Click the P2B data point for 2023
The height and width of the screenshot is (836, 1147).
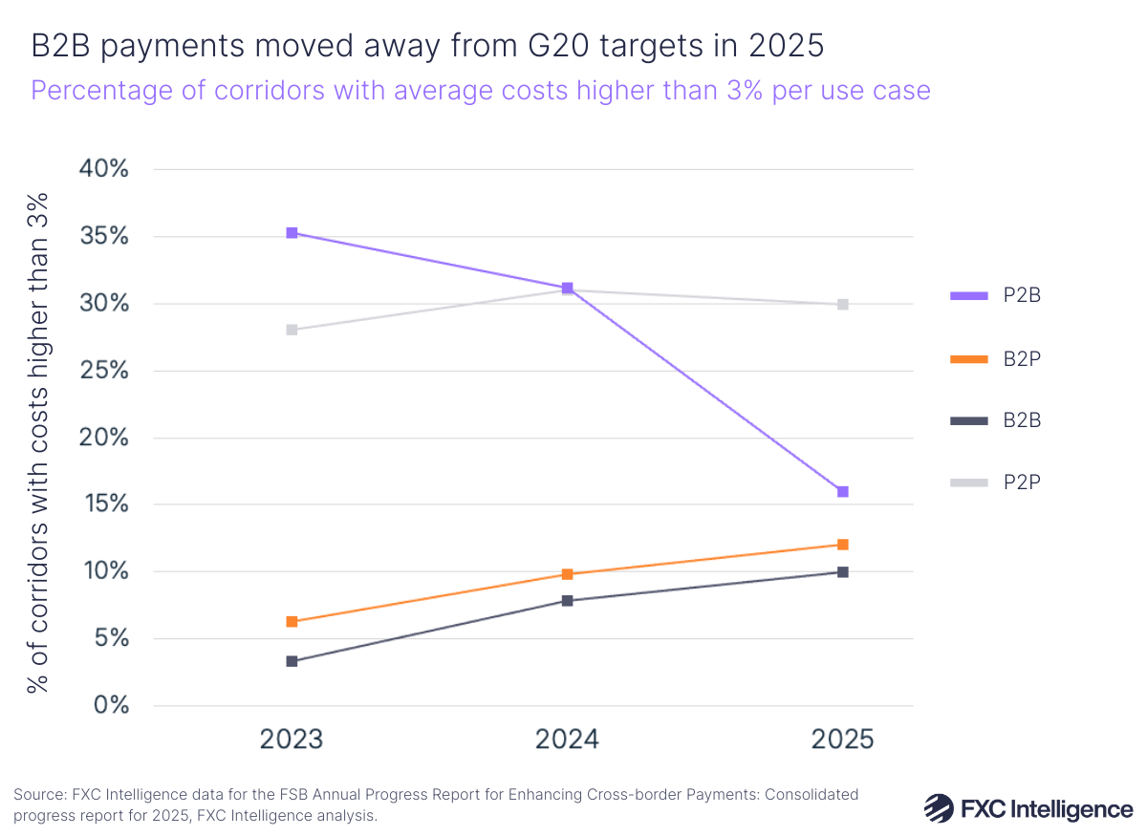pyautogui.click(x=292, y=233)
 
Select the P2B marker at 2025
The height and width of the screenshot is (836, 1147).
pyautogui.click(x=843, y=492)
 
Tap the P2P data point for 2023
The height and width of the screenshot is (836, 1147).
pyautogui.click(x=292, y=331)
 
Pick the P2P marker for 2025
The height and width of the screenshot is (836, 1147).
pyautogui.click(x=843, y=305)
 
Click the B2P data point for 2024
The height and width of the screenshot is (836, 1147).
pyautogui.click(x=568, y=574)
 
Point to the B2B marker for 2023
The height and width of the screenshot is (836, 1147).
pyautogui.click(x=292, y=661)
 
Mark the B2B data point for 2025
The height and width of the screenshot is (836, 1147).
pyautogui.click(x=843, y=572)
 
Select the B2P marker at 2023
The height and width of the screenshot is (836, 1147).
pyautogui.click(x=292, y=622)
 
